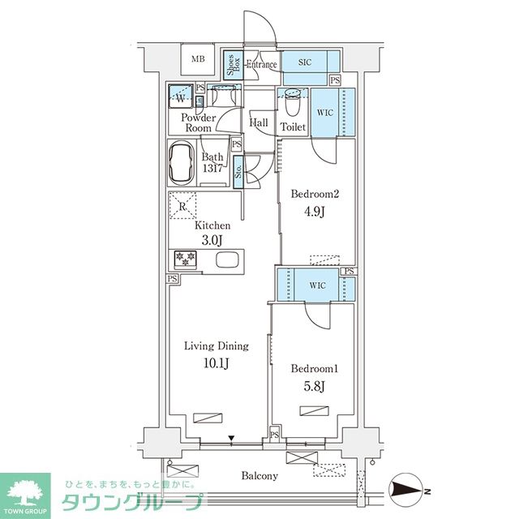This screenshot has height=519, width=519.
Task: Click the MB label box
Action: coord(197,59)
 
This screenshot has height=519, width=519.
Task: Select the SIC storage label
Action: coord(305,62)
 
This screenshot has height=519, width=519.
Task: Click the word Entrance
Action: coord(262,65)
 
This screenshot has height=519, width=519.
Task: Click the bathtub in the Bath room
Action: coord(183,164)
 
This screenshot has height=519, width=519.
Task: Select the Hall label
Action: coord(259,123)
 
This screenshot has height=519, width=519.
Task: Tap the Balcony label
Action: coord(259,476)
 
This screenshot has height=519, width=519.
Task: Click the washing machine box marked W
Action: coord(181,98)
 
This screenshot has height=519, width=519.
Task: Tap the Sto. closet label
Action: coord(238,172)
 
